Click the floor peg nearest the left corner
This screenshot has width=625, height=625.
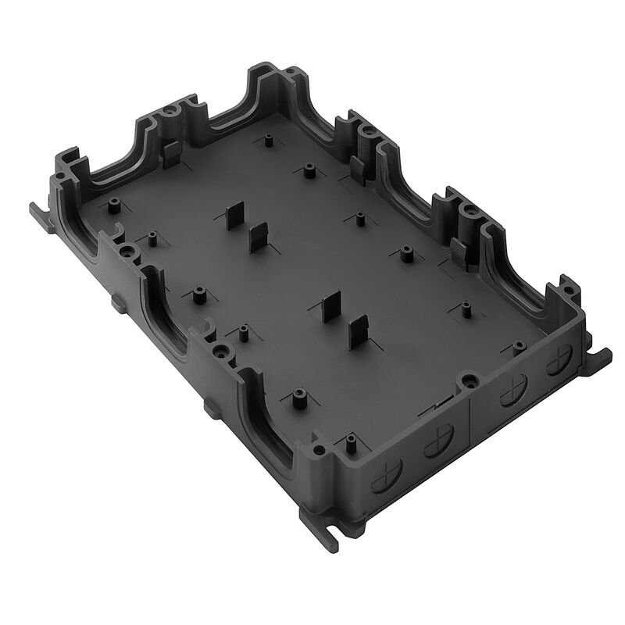tap(113, 206)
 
